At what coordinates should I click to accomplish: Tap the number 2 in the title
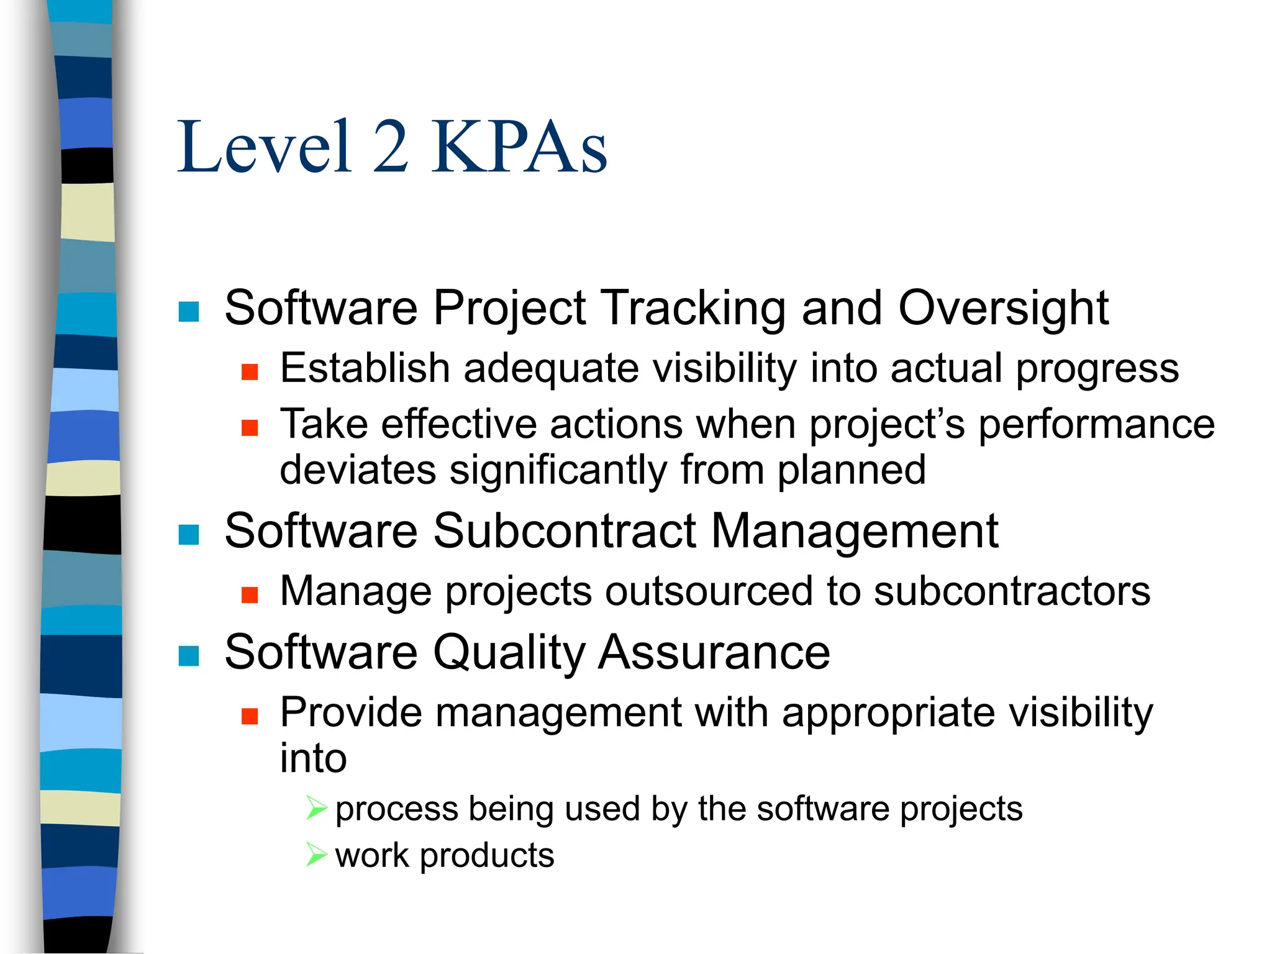coord(391,148)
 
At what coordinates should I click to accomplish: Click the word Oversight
coord(1003,309)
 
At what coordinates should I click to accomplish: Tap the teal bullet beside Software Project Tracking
coord(189,312)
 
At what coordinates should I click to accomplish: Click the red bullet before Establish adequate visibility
coord(250,372)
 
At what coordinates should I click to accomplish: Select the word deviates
coord(357,470)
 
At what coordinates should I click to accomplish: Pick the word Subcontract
coord(564,532)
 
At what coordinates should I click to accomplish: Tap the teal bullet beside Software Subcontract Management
coord(189,535)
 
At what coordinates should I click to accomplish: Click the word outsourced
coord(708,592)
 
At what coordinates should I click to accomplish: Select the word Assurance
coord(714,653)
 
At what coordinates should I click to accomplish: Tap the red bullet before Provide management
coord(250,717)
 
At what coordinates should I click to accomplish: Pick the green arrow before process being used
coord(316,808)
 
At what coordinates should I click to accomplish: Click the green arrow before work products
coord(316,855)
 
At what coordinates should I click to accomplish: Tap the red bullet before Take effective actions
coord(250,428)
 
